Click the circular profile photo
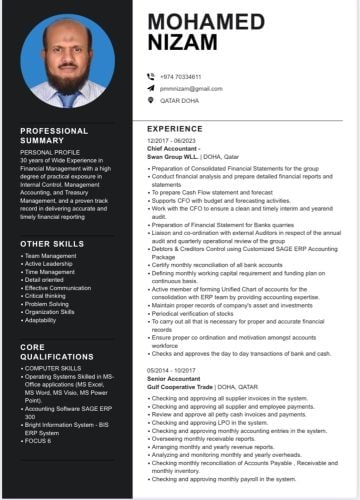point(67,61)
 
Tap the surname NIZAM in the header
point(181,42)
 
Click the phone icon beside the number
point(151,76)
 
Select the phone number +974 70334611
point(181,76)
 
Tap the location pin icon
point(151,100)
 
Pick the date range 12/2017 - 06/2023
point(173,142)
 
